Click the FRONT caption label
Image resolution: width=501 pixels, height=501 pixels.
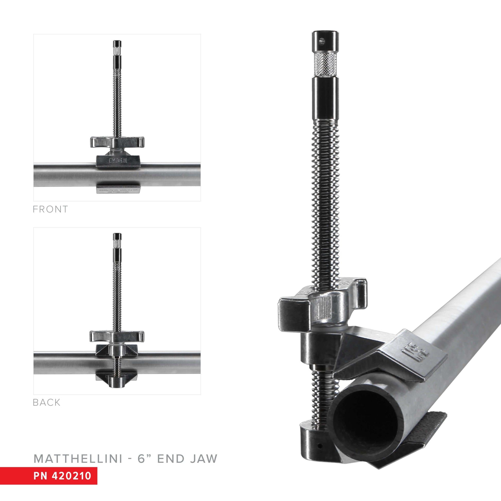pyautogui.click(x=50, y=209)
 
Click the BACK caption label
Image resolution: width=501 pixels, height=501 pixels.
pyautogui.click(x=47, y=402)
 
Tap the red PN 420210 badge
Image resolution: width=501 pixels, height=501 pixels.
pyautogui.click(x=62, y=476)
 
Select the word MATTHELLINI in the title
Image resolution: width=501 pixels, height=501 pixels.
pyautogui.click(x=78, y=459)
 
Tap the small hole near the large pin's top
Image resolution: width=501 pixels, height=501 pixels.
pyautogui.click(x=322, y=40)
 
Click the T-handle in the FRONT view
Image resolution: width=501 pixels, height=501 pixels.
pyautogui.click(x=117, y=142)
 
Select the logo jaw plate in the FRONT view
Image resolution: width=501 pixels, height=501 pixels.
pyautogui.click(x=118, y=161)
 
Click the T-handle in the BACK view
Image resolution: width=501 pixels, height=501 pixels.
pyautogui.click(x=117, y=336)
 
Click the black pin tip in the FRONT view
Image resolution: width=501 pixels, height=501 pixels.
pyautogui.click(x=117, y=43)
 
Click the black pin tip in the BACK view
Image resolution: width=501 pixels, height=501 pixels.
pyautogui.click(x=117, y=236)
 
